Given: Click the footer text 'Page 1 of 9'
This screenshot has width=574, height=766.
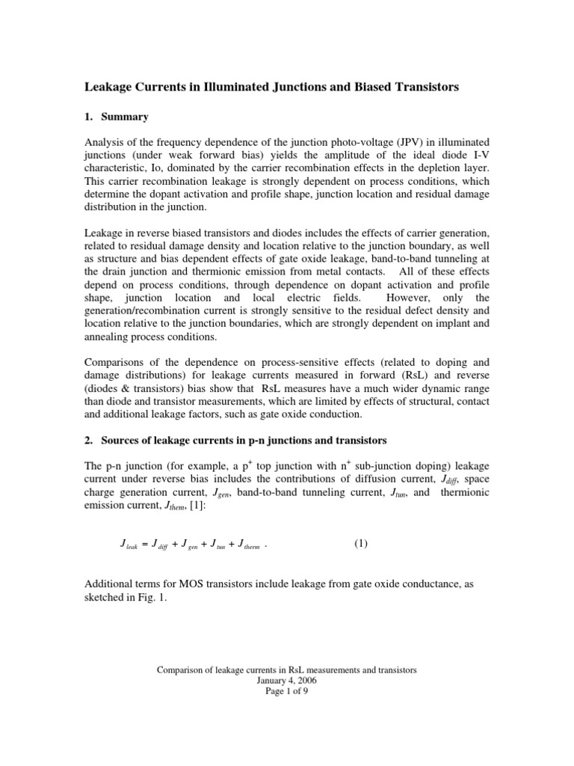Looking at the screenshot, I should point(286,691).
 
